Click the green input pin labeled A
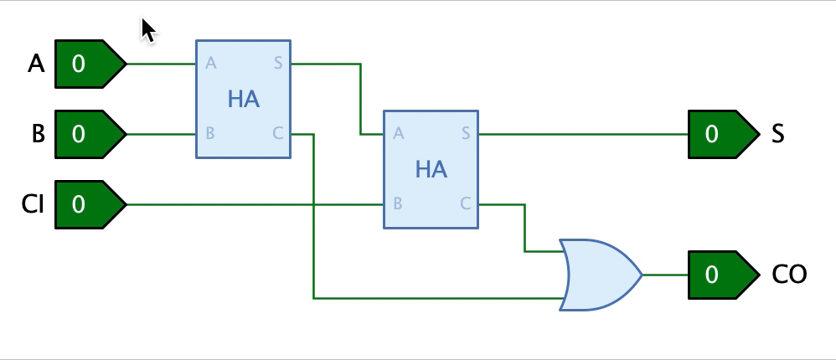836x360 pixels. tap(90, 64)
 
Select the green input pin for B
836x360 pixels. tap(90, 134)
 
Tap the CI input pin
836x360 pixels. tap(90, 204)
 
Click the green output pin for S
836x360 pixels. tap(724, 134)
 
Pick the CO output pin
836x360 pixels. tap(724, 275)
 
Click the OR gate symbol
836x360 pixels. tap(601, 275)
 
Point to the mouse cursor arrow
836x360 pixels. tap(148, 30)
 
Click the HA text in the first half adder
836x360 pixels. tap(244, 100)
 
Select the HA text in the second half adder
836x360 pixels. tap(431, 170)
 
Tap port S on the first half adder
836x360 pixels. tap(278, 64)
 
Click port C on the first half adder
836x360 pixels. tap(278, 133)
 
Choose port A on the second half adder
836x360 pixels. tap(398, 134)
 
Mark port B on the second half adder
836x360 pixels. tap(397, 203)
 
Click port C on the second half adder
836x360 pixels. tap(466, 203)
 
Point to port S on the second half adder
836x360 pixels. tap(466, 134)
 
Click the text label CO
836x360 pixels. tap(790, 275)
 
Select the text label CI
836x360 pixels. tap(33, 204)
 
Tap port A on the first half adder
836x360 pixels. tap(210, 64)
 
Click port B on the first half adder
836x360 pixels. tap(209, 133)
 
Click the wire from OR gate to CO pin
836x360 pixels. tap(665, 275)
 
